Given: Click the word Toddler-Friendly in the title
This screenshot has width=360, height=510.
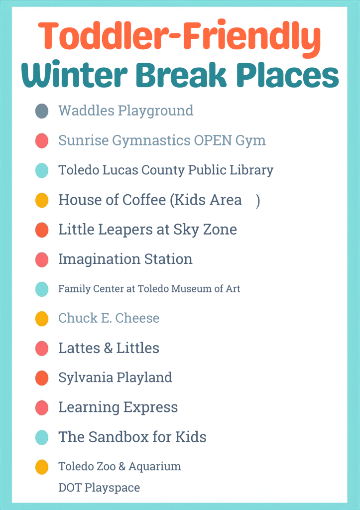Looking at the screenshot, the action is (x=180, y=37).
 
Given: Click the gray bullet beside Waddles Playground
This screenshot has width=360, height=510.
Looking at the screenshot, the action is (x=42, y=111).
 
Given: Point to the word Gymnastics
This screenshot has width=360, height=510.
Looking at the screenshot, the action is (x=151, y=141).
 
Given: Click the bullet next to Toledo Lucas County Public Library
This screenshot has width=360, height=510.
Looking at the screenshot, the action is (x=42, y=170).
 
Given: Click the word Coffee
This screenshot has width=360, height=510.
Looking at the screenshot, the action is (x=144, y=200).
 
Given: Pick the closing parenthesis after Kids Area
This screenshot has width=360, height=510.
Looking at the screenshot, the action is (x=258, y=201).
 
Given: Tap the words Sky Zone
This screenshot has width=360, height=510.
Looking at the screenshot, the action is (x=205, y=230).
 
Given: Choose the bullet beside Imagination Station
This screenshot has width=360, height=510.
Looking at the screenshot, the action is (x=42, y=259).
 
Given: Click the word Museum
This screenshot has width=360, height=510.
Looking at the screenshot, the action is (x=192, y=289).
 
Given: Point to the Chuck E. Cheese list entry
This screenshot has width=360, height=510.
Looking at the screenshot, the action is (x=109, y=318).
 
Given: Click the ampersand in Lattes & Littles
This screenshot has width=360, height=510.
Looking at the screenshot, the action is (x=108, y=348).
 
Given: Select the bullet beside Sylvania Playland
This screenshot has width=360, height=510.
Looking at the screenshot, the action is (x=42, y=378).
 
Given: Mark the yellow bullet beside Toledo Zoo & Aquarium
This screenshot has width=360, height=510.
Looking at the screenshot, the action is (x=42, y=467).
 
